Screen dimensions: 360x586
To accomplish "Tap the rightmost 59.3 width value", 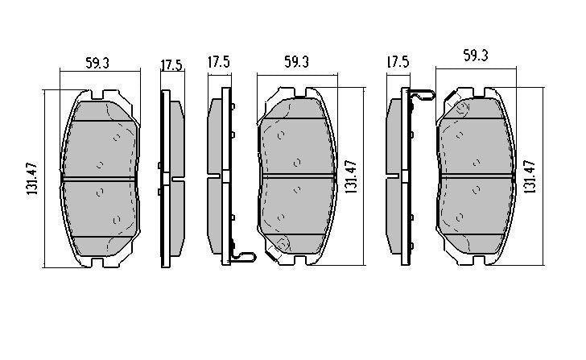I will click(x=474, y=56).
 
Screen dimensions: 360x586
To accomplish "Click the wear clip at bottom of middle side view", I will click(x=241, y=257).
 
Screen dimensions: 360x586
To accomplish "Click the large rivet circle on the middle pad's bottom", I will click(x=283, y=244).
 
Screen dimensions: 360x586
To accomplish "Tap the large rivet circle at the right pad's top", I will click(x=461, y=106).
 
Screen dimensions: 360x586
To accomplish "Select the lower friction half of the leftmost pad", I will click(x=101, y=213).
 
